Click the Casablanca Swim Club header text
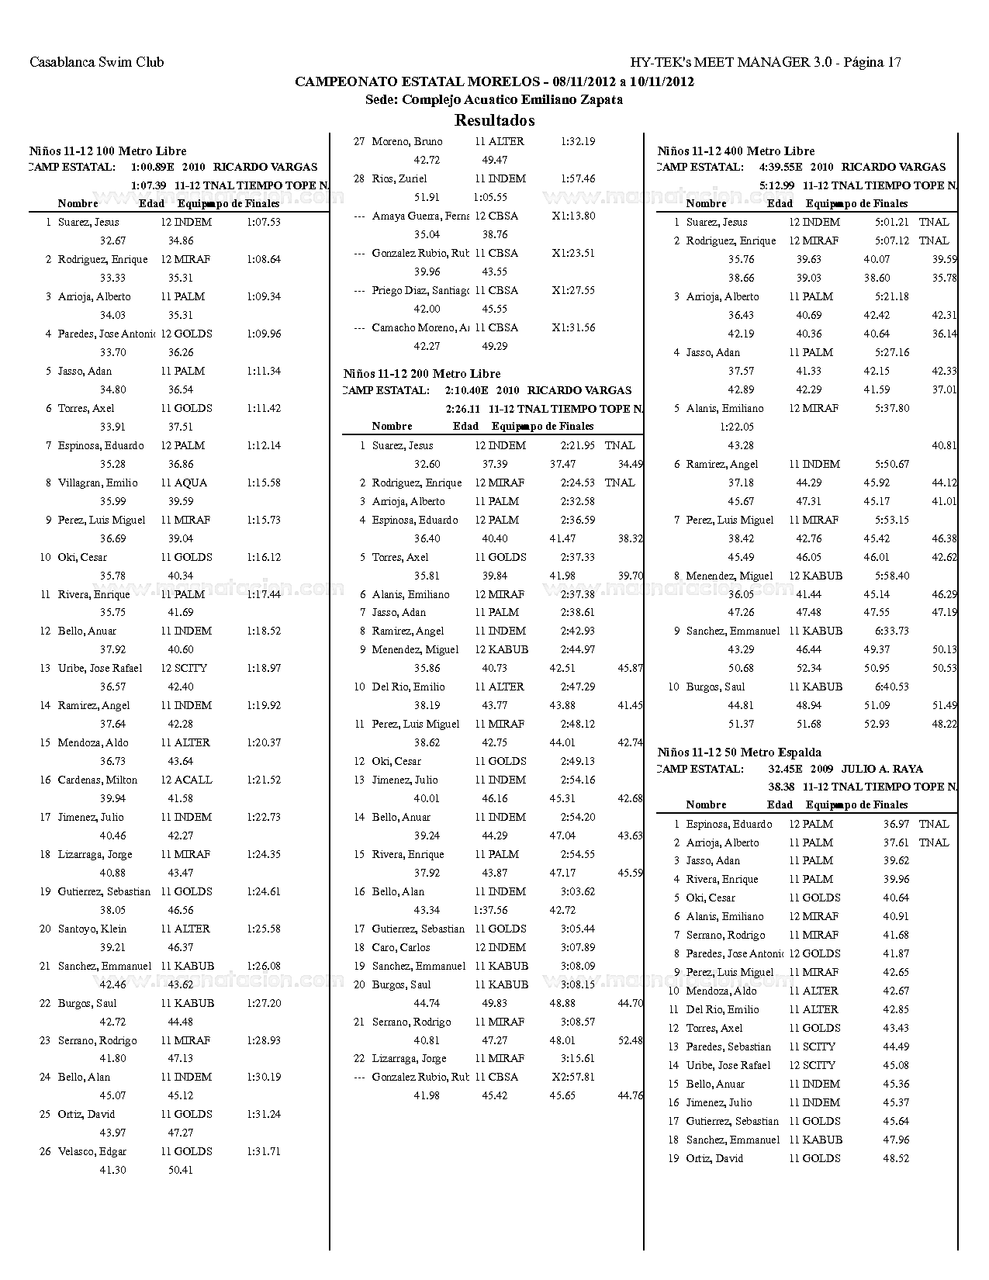(x=96, y=62)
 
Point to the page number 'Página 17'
(x=871, y=62)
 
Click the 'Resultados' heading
(x=494, y=120)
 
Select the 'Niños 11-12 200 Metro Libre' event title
(x=422, y=374)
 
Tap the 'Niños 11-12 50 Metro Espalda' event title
(x=739, y=752)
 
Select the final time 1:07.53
(x=264, y=222)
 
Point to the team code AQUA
(x=190, y=483)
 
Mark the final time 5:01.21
(x=891, y=222)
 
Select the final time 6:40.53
(x=891, y=687)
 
